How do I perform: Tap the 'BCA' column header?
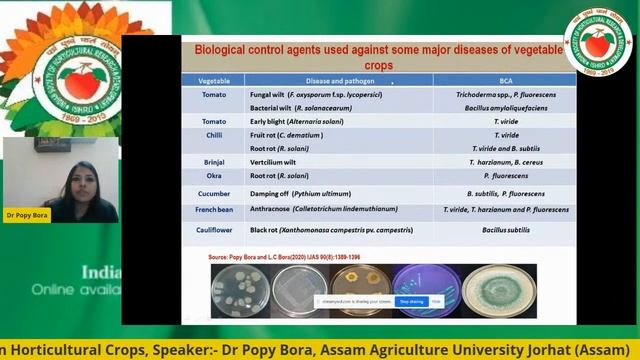505,79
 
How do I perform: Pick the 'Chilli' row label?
213,131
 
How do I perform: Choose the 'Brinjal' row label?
213,160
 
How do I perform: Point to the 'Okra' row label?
213,174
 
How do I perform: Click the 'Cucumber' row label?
213,193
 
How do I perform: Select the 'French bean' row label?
213,210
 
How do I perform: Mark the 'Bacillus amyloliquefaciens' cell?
505,105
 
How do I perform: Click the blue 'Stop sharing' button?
411,300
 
